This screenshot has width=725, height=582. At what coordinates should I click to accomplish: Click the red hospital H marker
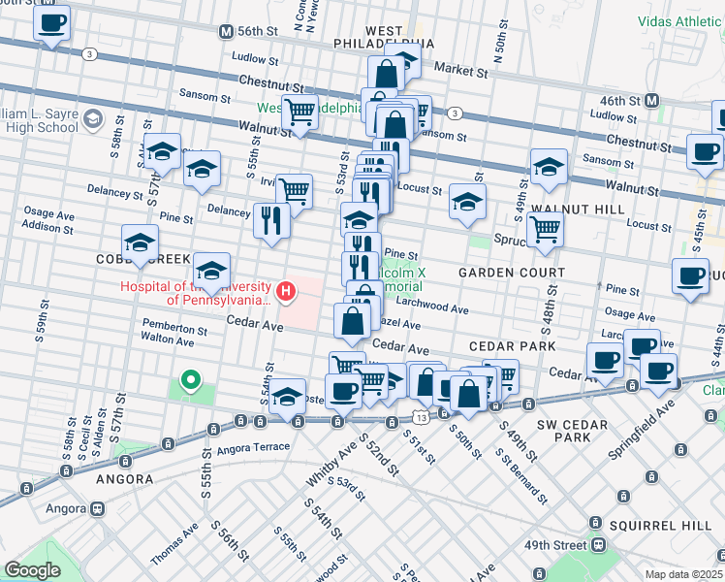285,290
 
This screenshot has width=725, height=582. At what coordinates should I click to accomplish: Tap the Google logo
32,570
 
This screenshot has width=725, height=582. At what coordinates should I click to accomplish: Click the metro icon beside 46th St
652,100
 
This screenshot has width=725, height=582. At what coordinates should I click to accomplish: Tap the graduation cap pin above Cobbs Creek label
140,243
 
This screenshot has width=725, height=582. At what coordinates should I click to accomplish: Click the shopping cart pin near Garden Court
546,231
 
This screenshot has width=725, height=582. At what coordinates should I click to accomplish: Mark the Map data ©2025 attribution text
683,574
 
